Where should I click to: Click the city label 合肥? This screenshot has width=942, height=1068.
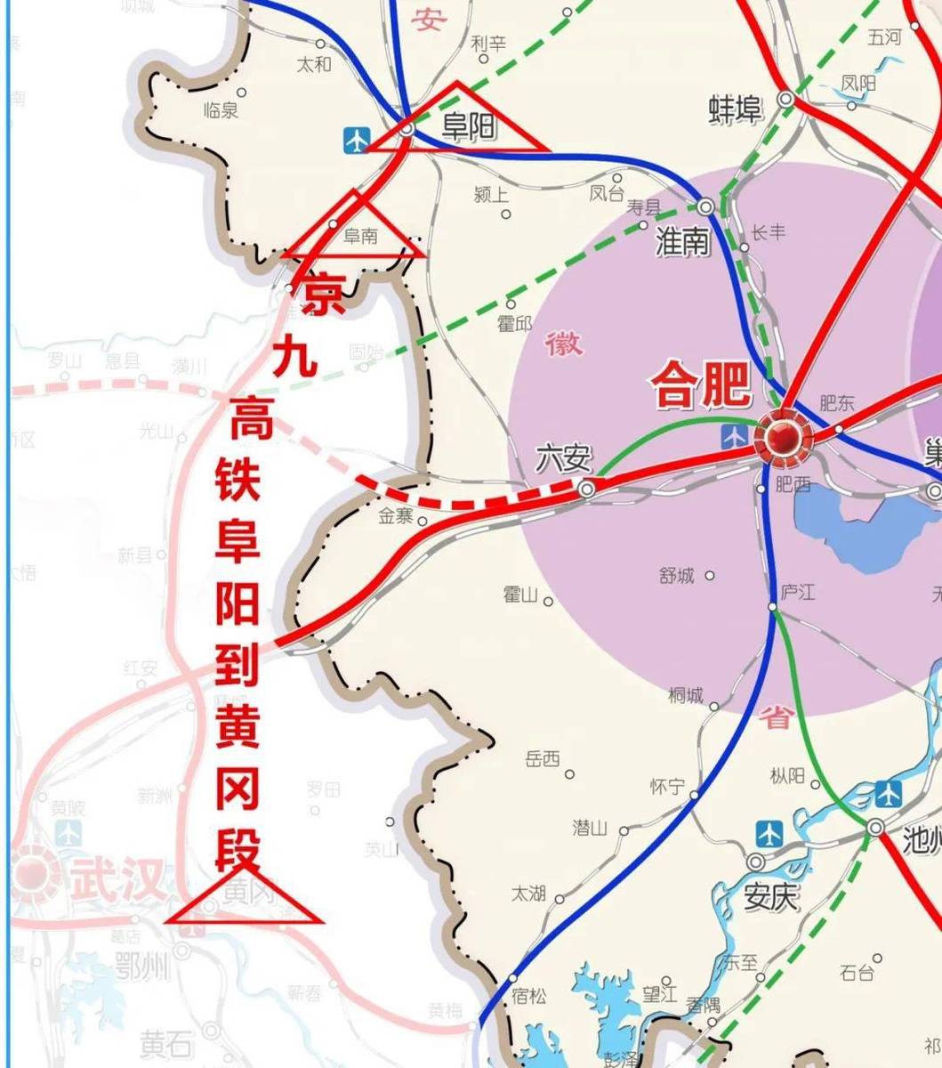pos(701,388)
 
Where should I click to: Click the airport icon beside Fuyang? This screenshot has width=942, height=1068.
pos(357,139)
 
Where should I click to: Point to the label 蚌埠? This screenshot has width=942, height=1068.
pos(735,110)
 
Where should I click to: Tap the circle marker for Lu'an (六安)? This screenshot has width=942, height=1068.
pos(587,489)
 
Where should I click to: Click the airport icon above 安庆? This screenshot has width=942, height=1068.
pos(770,834)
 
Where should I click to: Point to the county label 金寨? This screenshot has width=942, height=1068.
pos(396,516)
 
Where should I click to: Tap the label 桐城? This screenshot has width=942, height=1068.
pos(686,696)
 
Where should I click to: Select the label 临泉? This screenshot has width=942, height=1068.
pos(221,109)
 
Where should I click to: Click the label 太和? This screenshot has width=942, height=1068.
pos(313,64)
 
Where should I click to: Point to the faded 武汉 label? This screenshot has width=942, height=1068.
pos(117,880)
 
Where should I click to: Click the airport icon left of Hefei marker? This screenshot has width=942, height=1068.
pos(735,436)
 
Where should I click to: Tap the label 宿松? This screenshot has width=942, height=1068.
pos(529,997)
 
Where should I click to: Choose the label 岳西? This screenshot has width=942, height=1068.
pos(543,759)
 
